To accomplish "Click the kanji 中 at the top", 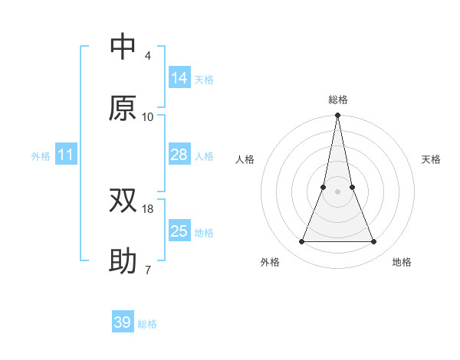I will [123, 47].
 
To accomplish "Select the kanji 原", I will [123, 108].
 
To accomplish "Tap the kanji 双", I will [123, 201].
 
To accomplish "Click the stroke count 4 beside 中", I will [147, 56].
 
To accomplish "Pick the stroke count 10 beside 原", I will [148, 117].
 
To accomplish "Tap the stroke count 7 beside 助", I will [147, 270].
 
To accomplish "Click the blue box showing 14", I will [179, 78].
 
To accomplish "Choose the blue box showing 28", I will [179, 155].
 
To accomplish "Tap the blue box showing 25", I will [179, 231].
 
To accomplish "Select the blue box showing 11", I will [66, 155].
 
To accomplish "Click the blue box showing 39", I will [123, 322].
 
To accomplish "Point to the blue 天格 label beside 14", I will [204, 80].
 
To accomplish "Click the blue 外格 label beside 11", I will [41, 156].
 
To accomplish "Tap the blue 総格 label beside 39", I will [147, 324].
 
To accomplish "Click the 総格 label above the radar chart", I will [337, 100].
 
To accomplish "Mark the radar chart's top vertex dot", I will [337, 116].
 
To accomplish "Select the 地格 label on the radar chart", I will [402, 262].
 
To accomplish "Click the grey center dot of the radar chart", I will [337, 192].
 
